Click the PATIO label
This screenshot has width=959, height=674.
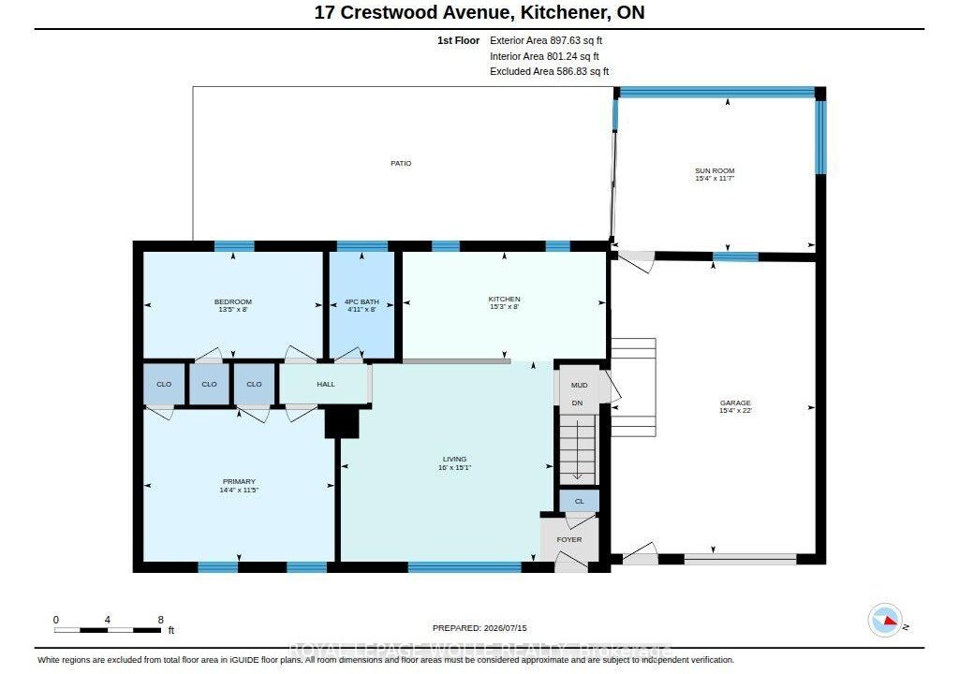pyautogui.click(x=401, y=163)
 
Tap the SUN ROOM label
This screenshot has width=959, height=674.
pyautogui.click(x=715, y=170)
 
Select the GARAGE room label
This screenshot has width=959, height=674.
pyautogui.click(x=735, y=403)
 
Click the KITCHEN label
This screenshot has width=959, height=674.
pyautogui.click(x=504, y=299)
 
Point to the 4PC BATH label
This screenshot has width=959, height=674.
pyautogui.click(x=361, y=301)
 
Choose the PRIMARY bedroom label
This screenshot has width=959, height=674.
pyautogui.click(x=239, y=481)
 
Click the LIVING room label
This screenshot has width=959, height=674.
pyautogui.click(x=454, y=459)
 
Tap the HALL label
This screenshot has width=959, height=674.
pyautogui.click(x=326, y=384)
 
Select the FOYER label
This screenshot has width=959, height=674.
pyautogui.click(x=569, y=539)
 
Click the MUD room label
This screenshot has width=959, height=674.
pyautogui.click(x=579, y=385)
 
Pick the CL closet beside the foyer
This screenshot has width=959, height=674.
pyautogui.click(x=579, y=502)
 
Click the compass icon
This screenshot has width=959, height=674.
pyautogui.click(x=885, y=621)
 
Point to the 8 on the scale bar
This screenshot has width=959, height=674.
pyautogui.click(x=161, y=620)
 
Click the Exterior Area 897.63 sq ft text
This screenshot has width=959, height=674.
pyautogui.click(x=546, y=40)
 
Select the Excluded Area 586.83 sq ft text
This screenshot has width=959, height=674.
pyautogui.click(x=549, y=71)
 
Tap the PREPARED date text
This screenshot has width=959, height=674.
pyautogui.click(x=479, y=628)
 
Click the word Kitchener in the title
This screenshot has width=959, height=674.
pyautogui.click(x=562, y=12)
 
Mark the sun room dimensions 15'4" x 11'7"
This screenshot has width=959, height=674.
pyautogui.click(x=715, y=179)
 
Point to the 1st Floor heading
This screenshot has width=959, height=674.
pyautogui.click(x=458, y=40)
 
